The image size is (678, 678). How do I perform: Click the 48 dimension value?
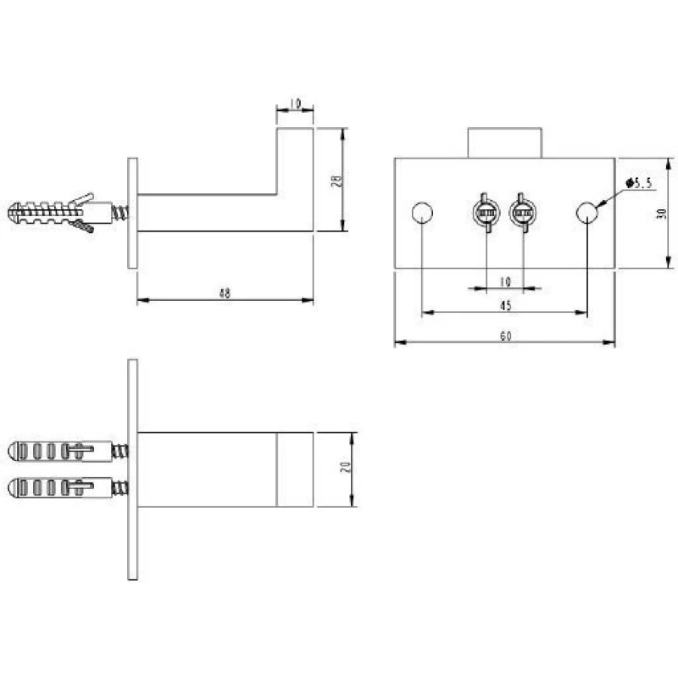click(225, 293)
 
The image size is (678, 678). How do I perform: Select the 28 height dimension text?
click(336, 181)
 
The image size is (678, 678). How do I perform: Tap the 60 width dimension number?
click(505, 336)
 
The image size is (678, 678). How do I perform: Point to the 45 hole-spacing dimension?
click(505, 306)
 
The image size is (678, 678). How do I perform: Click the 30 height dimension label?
click(661, 214)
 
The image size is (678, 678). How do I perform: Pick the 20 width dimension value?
click(346, 467)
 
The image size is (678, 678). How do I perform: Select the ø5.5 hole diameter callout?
click(639, 183)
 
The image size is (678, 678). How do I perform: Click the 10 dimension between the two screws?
click(505, 282)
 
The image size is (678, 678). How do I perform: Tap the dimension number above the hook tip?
click(295, 103)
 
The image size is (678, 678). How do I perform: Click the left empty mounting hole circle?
click(422, 213)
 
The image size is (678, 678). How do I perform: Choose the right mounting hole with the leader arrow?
click(587, 213)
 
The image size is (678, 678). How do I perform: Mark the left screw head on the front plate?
click(486, 213)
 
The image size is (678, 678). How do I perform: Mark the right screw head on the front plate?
click(523, 213)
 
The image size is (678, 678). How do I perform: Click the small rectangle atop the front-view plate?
click(504, 143)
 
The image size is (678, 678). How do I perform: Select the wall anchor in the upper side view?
click(68, 213)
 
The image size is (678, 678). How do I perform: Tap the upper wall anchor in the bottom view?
click(68, 452)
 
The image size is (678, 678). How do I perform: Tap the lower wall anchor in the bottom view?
click(68, 488)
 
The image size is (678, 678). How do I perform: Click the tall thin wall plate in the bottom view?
click(133, 470)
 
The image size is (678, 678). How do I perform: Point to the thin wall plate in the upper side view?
click(133, 214)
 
